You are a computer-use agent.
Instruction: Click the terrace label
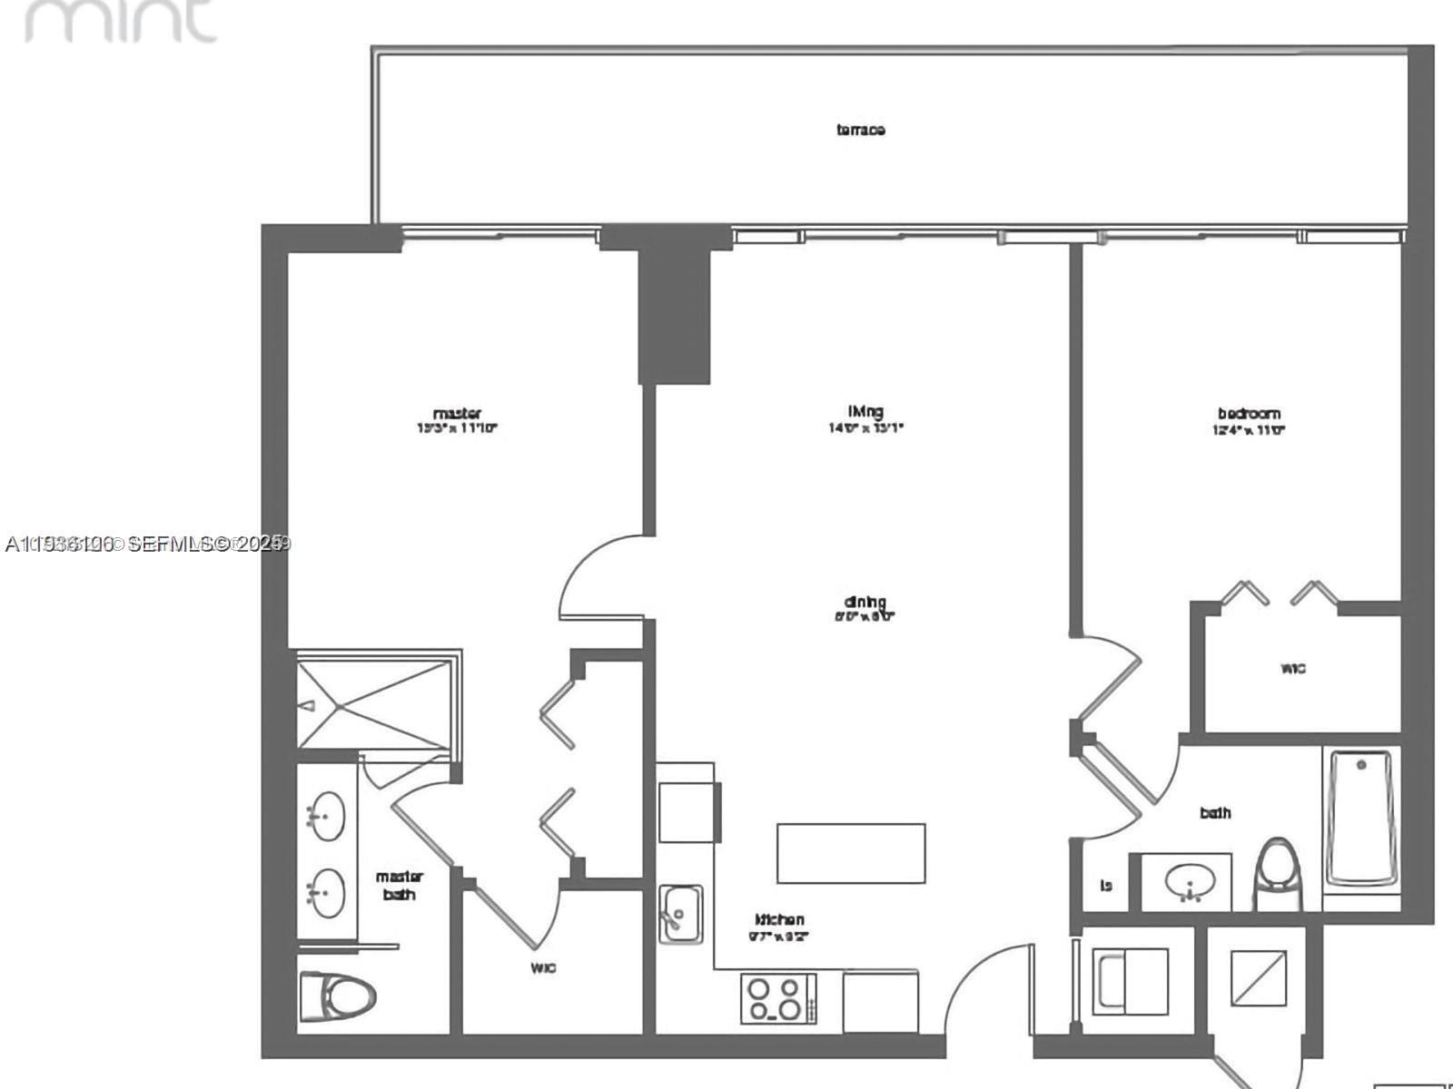click(860, 130)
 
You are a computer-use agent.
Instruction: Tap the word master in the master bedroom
click(457, 413)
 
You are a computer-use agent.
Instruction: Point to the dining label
click(865, 602)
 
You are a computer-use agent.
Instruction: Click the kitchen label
click(779, 919)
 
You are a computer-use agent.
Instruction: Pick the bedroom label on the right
click(1249, 414)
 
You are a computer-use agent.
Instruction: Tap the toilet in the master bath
click(338, 995)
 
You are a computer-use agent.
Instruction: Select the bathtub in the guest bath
click(1360, 817)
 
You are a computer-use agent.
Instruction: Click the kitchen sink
click(680, 913)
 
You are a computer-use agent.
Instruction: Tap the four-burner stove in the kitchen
click(777, 998)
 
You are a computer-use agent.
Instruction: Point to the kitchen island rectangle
click(851, 853)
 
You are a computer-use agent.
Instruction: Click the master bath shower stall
click(374, 702)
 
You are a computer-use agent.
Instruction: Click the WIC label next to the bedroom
click(1293, 669)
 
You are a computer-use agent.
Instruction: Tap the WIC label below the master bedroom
click(543, 968)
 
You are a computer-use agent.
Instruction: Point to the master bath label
click(400, 886)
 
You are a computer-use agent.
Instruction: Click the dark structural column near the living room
click(674, 313)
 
